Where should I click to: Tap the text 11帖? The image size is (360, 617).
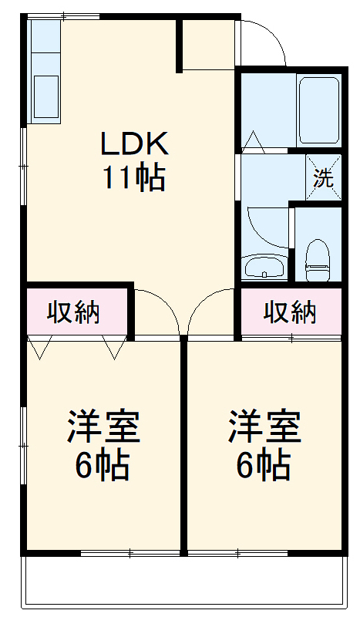click(x=133, y=179)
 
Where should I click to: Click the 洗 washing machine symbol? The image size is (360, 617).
click(x=323, y=177)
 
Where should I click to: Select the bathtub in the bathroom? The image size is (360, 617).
click(x=318, y=110)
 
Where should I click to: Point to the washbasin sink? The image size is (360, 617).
click(x=264, y=268)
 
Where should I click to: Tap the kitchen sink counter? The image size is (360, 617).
click(x=45, y=71)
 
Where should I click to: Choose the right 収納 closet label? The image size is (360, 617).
click(x=291, y=312)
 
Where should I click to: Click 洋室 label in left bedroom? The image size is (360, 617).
click(x=103, y=427)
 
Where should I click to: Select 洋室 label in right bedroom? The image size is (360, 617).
click(x=264, y=427)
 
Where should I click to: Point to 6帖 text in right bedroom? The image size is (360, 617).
click(x=263, y=465)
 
